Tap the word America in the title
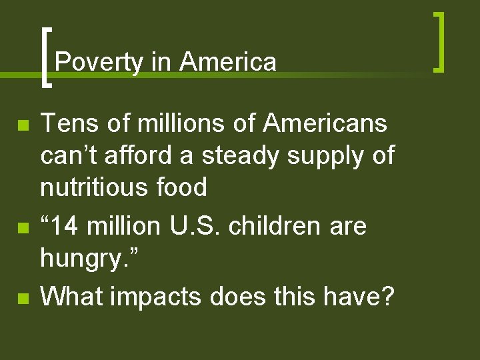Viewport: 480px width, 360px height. pyautogui.click(x=227, y=62)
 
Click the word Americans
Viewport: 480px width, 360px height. pyautogui.click(x=325, y=123)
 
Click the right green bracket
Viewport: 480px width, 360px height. pyautogui.click(x=439, y=41)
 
